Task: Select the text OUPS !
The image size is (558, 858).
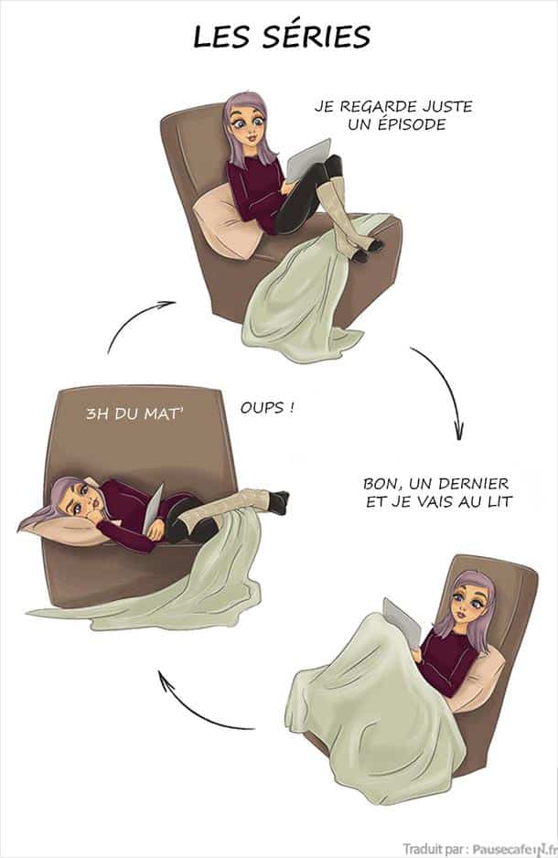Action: click(267, 408)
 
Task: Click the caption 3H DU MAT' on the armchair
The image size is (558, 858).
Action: click(134, 414)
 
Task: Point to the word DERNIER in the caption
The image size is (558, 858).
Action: click(473, 484)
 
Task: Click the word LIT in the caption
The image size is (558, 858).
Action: click(500, 502)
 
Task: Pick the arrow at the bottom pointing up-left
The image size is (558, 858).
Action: click(191, 710)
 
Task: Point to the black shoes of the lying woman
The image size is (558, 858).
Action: click(278, 501)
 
